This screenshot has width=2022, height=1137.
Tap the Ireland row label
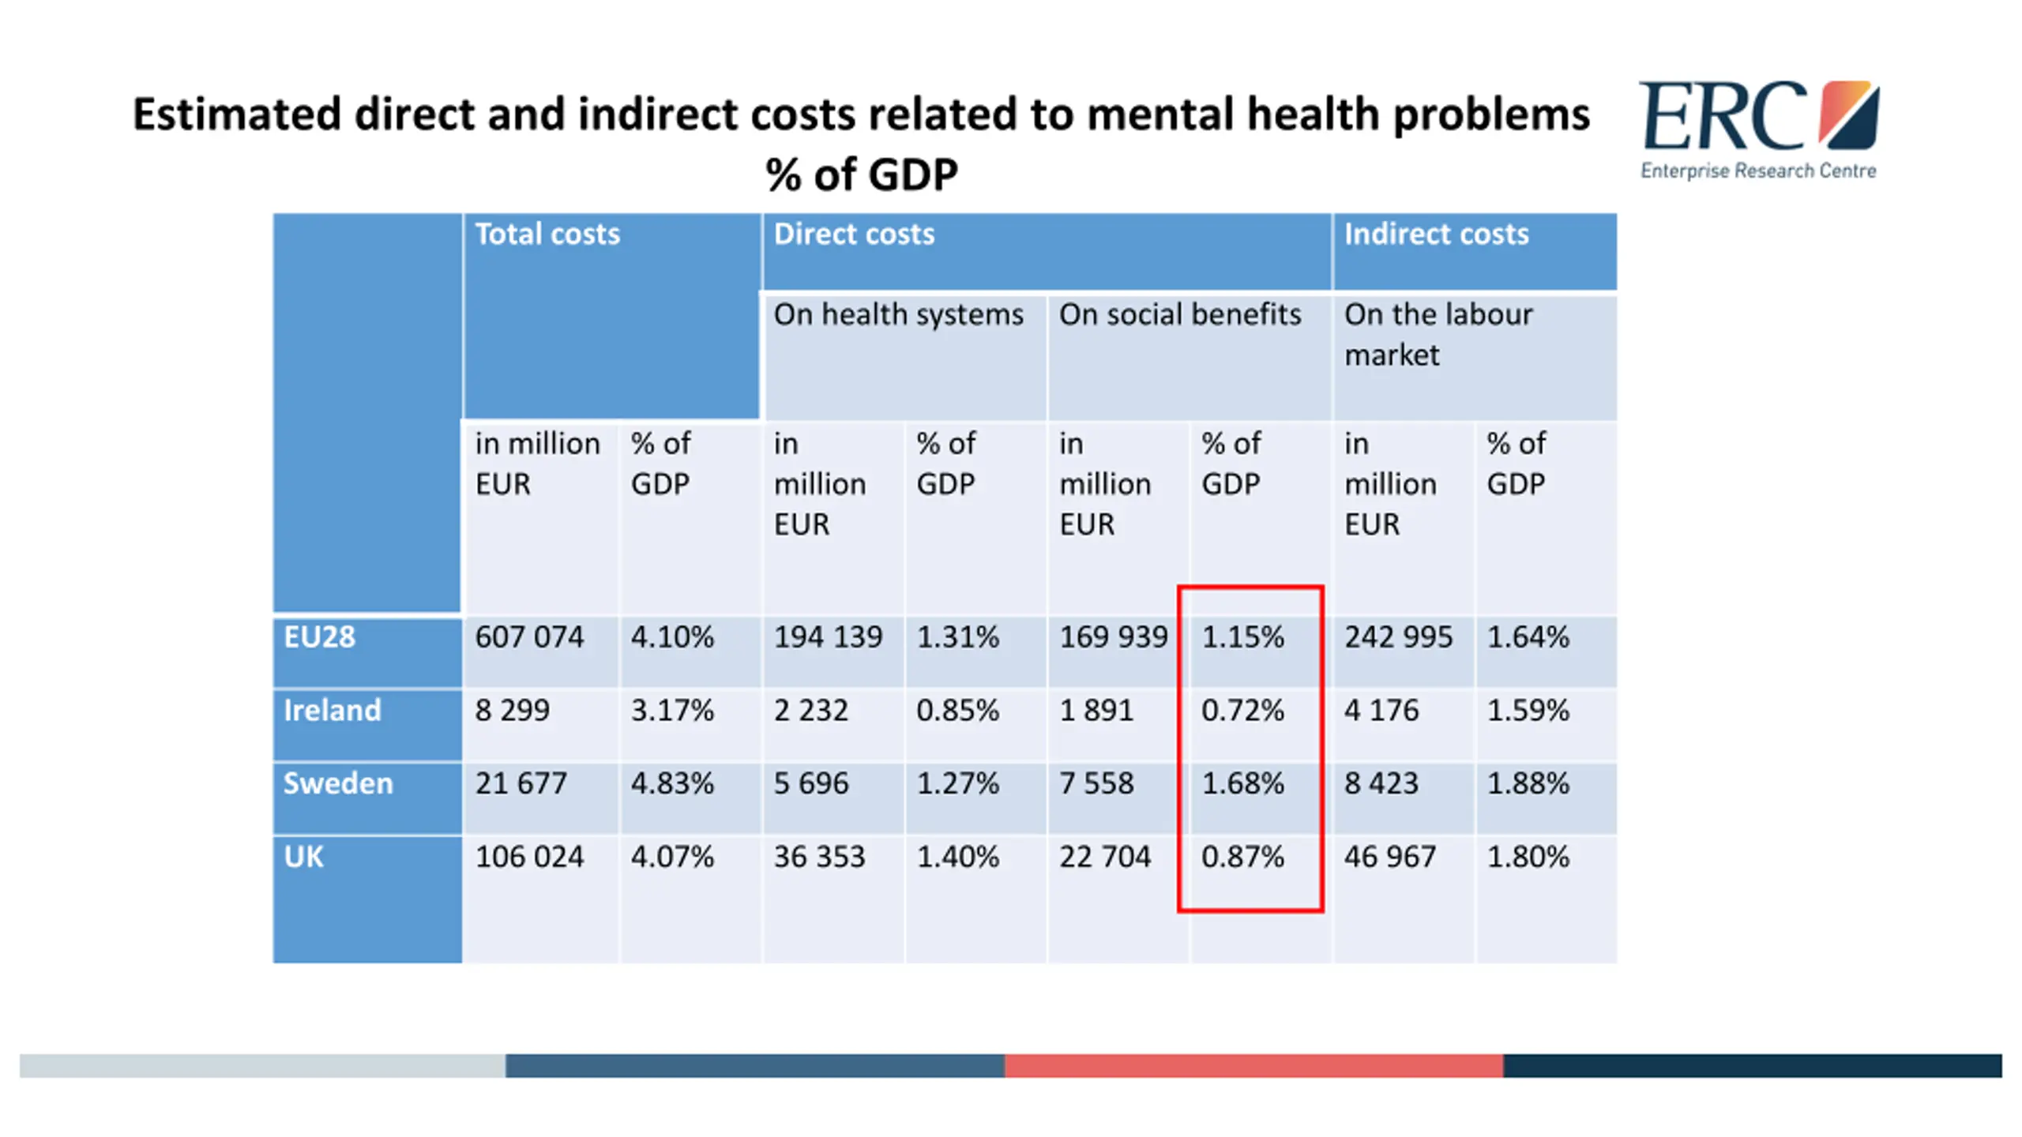click(332, 710)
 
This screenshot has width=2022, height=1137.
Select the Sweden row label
click(338, 783)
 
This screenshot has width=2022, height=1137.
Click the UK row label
click(304, 857)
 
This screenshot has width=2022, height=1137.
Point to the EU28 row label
click(320, 636)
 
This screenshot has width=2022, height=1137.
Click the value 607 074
click(529, 636)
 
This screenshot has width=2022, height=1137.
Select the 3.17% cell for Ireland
click(672, 710)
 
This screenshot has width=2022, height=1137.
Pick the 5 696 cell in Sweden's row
click(811, 783)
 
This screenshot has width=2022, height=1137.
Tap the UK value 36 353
click(820, 857)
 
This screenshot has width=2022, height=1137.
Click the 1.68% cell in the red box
click(1243, 783)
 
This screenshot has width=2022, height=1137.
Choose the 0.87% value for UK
click(1243, 857)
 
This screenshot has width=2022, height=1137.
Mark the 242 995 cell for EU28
click(1399, 636)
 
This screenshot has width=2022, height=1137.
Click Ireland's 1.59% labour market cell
click(1528, 710)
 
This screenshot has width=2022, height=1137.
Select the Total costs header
click(547, 234)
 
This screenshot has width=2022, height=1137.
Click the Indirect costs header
click(1437, 234)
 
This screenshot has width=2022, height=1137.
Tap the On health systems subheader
click(899, 314)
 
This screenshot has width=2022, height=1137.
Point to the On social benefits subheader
click(1180, 314)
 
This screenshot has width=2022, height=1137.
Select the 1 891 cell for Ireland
click(1096, 710)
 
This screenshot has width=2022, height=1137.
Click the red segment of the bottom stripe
click(1253, 1065)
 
